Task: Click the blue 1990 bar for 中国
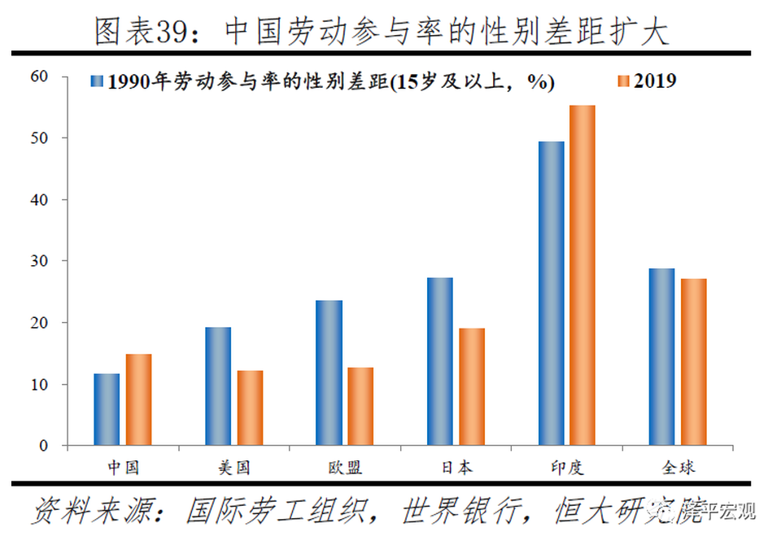107,409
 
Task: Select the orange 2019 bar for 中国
139,399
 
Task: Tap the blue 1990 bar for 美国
218,386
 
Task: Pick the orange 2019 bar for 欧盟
360,406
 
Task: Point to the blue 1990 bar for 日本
440,361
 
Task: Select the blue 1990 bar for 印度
551,293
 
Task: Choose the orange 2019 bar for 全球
694,362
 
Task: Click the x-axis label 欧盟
345,468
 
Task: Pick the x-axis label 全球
678,468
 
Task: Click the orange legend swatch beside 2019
624,81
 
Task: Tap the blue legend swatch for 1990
97,81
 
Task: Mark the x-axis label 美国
233,468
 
